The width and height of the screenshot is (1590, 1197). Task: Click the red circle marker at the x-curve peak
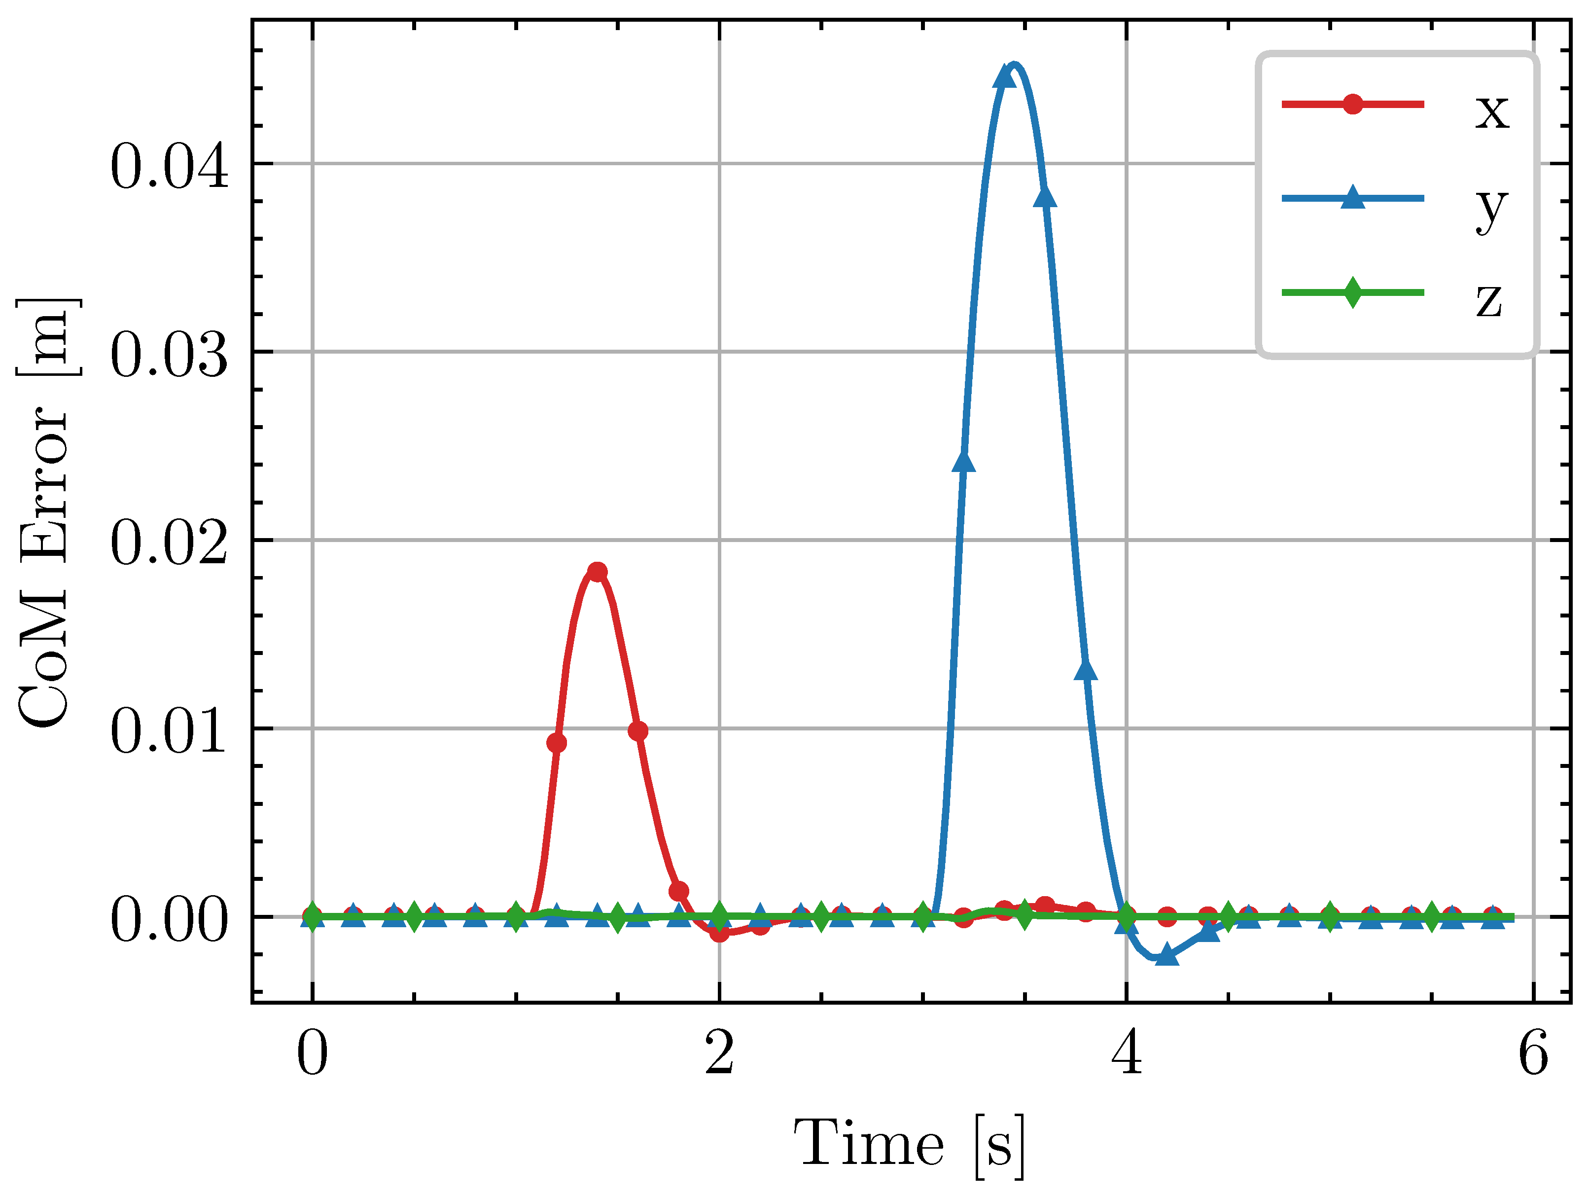(597, 572)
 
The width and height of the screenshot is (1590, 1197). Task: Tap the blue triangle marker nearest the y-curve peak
(1004, 76)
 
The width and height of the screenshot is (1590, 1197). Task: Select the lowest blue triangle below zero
(1166, 955)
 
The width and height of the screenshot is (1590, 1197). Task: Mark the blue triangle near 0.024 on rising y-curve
(963, 462)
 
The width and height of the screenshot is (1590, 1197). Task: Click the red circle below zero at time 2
(719, 933)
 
